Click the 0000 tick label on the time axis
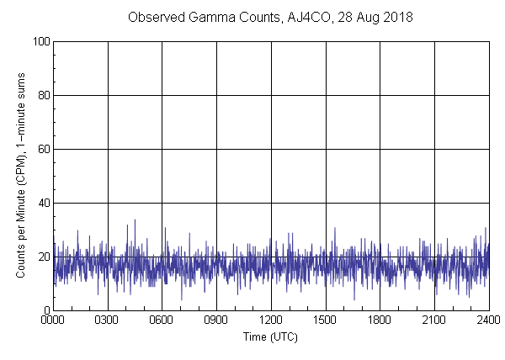coord(53,320)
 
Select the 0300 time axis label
coord(108,320)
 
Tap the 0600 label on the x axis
coord(162,320)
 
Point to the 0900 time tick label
coord(216,320)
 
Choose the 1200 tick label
coord(271,320)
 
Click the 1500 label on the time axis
coord(326,320)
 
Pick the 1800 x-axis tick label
coord(380,320)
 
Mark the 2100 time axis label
coord(434,320)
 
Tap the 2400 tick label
coord(488,320)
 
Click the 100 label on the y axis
coord(41,41)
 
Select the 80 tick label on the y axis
coord(44,95)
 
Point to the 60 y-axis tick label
coord(44,149)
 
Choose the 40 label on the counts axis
coord(44,203)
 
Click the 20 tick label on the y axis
coord(44,257)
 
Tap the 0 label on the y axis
coord(46,310)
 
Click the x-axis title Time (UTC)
coord(270,336)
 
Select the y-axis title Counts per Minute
coord(21,176)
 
